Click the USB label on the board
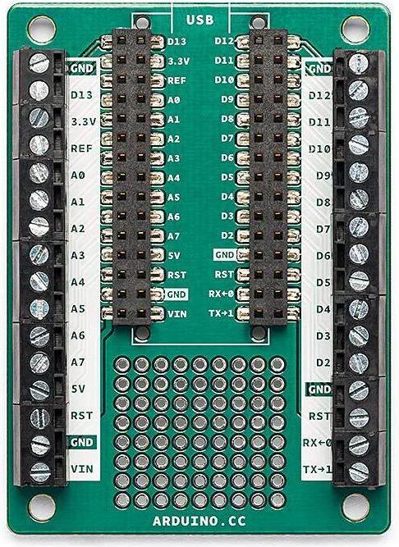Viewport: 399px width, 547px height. (199, 19)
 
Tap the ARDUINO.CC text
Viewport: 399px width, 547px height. (199, 520)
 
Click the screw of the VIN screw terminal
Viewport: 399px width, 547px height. (39, 471)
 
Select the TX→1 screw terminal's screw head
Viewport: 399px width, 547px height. (359, 472)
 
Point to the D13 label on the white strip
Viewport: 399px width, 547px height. (80, 95)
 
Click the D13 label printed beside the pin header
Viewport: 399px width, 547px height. (178, 40)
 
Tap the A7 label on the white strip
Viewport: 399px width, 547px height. (79, 362)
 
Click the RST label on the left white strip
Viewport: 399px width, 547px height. (80, 416)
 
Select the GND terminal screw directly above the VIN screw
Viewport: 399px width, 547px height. (39, 444)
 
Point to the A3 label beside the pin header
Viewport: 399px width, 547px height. (173, 157)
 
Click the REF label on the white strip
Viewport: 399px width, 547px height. (80, 148)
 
